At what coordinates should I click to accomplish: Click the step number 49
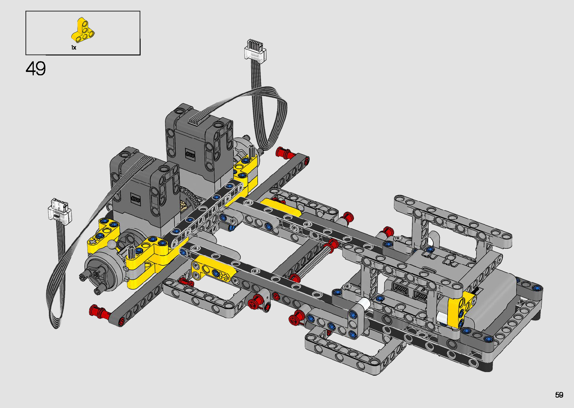coord(36,69)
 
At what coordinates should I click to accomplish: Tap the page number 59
coord(559,395)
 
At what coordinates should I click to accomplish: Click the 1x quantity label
coord(73,48)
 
